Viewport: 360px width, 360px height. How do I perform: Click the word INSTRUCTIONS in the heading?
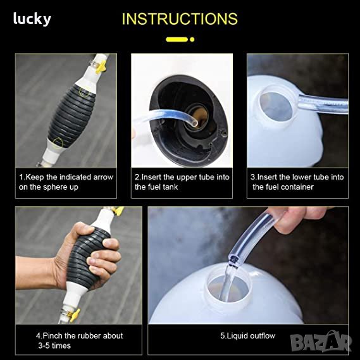(180, 19)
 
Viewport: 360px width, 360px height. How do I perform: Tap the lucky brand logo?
(32, 19)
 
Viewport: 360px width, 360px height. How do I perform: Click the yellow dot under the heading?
(192, 39)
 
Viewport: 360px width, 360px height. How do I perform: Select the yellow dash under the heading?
(177, 39)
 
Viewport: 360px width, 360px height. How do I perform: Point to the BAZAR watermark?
(321, 342)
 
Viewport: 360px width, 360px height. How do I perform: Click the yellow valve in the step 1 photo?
(101, 66)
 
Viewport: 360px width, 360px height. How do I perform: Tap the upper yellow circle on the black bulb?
(84, 92)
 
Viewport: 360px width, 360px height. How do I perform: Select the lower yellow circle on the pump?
(58, 143)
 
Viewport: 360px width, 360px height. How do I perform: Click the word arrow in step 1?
(103, 177)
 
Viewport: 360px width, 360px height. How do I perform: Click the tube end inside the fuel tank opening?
(194, 123)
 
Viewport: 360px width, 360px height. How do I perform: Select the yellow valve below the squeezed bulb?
(75, 314)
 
